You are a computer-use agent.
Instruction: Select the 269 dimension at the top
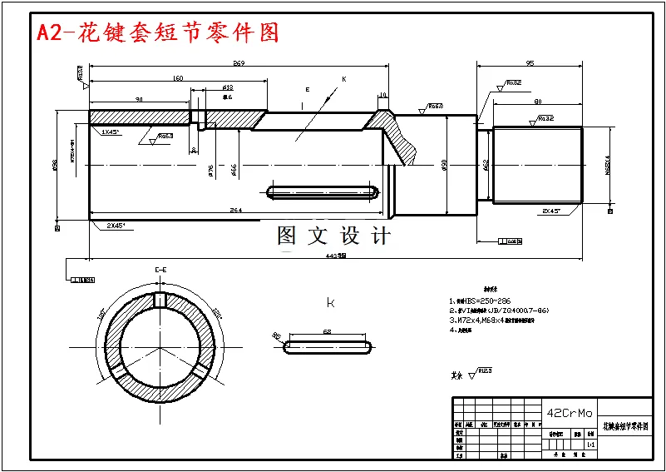tap(239, 63)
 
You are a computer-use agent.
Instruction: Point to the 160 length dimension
tap(177, 78)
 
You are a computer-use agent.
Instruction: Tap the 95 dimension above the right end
tap(530, 63)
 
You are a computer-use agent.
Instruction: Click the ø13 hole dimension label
tap(228, 87)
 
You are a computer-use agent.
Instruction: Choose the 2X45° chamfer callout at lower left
tap(116, 226)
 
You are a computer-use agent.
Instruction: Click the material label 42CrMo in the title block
tap(570, 413)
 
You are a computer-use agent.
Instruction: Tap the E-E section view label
tap(161, 271)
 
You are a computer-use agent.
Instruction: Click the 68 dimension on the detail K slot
tap(327, 332)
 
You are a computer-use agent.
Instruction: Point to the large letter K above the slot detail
tap(330, 302)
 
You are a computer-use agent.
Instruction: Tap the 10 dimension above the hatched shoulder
tap(382, 95)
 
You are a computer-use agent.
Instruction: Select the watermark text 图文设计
tap(333, 236)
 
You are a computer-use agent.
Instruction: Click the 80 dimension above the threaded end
tap(538, 102)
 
